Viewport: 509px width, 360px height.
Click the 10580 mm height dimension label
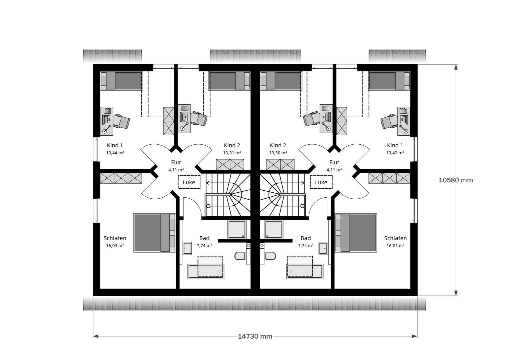click(456, 180)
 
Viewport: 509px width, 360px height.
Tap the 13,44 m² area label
click(115, 153)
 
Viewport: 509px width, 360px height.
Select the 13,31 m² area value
click(232, 153)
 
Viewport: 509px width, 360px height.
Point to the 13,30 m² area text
click(278, 153)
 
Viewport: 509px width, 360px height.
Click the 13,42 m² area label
click(395, 153)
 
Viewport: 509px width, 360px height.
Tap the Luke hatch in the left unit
click(189, 182)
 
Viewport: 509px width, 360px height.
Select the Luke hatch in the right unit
click(321, 182)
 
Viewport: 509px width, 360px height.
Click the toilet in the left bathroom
click(240, 256)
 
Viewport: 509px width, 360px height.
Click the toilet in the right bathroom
click(271, 256)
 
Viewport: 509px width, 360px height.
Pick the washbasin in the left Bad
click(187, 248)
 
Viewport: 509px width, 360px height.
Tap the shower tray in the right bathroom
click(274, 229)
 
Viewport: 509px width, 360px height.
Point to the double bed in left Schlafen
click(154, 233)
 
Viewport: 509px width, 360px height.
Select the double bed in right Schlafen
click(356, 233)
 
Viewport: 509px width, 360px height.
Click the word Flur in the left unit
click(176, 162)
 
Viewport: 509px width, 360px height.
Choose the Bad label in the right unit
click(306, 238)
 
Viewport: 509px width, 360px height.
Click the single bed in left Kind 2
click(229, 81)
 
